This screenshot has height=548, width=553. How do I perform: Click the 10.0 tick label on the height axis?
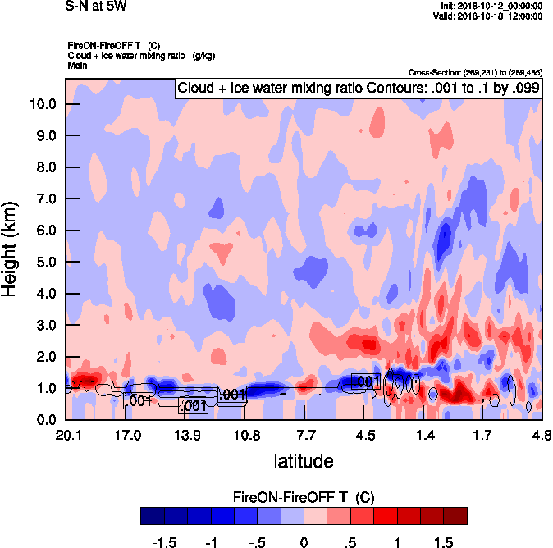42,104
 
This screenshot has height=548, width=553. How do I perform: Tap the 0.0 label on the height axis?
45,420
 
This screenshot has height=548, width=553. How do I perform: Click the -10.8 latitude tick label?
245,435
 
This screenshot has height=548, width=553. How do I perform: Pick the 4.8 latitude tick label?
541,435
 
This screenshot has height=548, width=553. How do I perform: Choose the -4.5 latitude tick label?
364,435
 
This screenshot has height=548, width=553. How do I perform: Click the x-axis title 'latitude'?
303,461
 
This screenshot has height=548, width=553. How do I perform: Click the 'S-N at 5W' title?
96,7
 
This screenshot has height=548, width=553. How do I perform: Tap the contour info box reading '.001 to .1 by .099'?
359,89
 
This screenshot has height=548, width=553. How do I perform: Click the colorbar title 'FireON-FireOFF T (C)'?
304,497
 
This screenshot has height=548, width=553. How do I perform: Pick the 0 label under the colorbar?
304,542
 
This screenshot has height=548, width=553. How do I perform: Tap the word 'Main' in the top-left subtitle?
77,65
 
